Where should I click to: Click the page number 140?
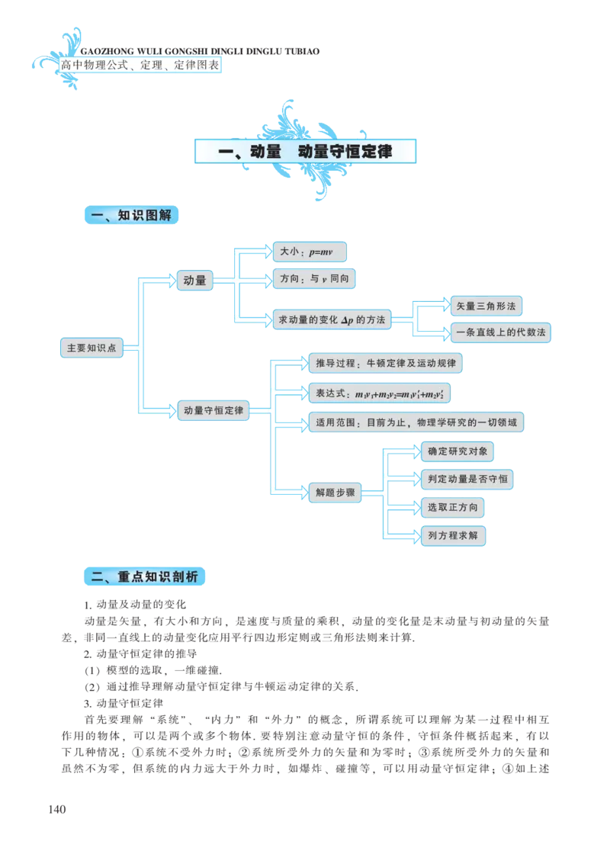(x=57, y=809)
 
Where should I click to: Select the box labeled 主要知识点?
(x=91, y=348)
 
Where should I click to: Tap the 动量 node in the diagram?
(x=194, y=280)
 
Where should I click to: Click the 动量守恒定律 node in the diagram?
(x=213, y=410)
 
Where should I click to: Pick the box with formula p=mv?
(x=310, y=252)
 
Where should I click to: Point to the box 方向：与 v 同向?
(x=313, y=278)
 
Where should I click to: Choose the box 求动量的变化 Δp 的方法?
(x=332, y=319)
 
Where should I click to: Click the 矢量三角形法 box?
(x=486, y=306)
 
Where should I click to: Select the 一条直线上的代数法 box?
(x=500, y=332)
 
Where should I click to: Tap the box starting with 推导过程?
(x=386, y=363)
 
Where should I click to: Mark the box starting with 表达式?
(x=380, y=393)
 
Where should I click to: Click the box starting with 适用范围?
(x=416, y=422)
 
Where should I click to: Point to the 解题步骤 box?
(x=335, y=493)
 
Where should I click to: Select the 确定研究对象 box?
(x=457, y=451)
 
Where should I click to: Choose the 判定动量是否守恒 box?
(x=467, y=480)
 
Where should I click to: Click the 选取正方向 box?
(x=453, y=508)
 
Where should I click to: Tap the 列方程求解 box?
(x=453, y=536)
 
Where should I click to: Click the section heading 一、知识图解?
(x=131, y=215)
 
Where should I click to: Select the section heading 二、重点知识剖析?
(x=144, y=576)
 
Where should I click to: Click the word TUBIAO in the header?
(x=302, y=52)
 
